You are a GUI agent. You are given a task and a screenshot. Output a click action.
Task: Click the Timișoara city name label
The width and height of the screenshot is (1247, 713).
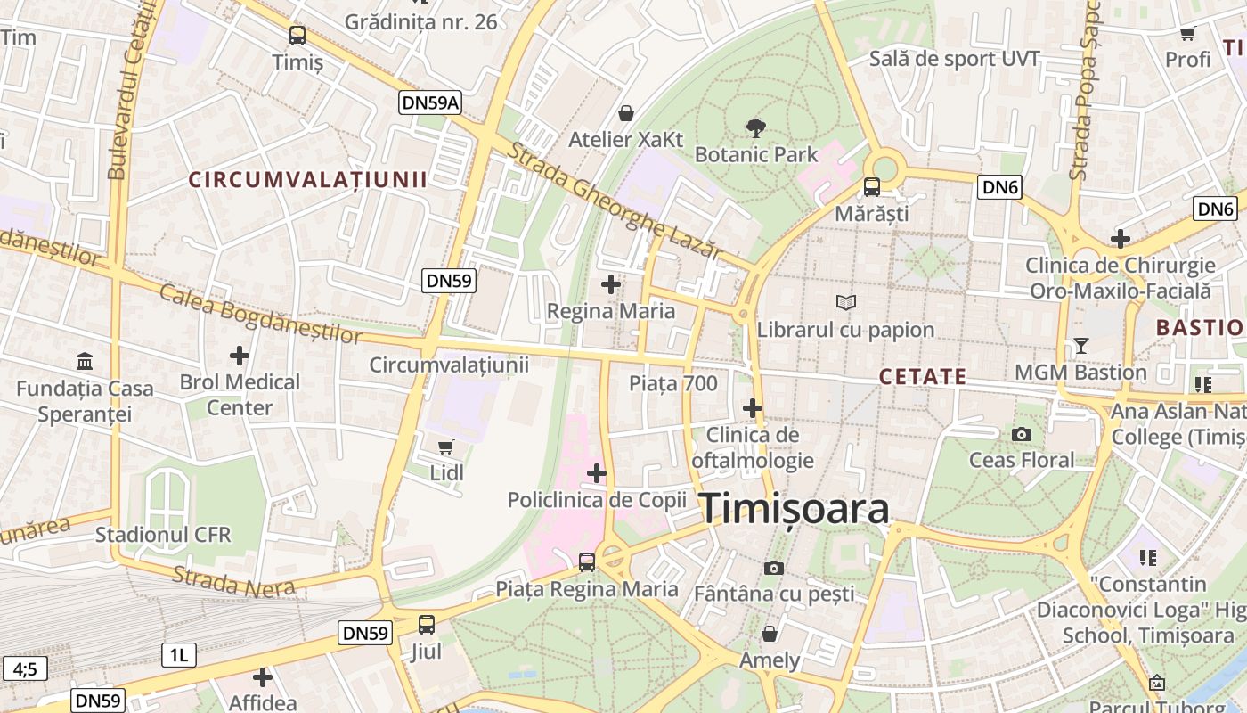coord(794,509)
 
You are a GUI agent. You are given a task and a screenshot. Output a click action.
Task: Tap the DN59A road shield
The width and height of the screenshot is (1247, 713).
coord(431,102)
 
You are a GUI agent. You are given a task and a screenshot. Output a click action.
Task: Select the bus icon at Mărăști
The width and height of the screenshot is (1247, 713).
coord(871,187)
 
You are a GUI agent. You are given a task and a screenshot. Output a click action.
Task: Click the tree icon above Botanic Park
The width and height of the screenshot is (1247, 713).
coord(756,127)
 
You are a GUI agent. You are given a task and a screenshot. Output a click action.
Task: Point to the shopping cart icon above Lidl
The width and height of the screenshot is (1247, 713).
coord(446,447)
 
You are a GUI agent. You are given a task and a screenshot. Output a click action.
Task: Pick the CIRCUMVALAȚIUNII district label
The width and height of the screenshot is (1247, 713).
coord(307,179)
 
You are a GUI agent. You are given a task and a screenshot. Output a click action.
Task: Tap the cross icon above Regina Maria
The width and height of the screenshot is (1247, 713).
coord(611,284)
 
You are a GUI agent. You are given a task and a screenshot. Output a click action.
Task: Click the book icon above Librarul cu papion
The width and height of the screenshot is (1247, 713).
coord(845,303)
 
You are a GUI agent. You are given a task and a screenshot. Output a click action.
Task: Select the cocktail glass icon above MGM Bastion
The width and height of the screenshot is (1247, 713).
coord(1081,345)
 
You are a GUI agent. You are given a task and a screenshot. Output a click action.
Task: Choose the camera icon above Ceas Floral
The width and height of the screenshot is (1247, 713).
coord(1022,434)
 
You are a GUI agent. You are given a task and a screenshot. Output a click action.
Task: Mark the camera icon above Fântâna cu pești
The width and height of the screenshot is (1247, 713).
coord(774,567)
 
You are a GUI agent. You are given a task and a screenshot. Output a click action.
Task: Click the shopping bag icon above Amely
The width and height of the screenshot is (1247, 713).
coord(770,634)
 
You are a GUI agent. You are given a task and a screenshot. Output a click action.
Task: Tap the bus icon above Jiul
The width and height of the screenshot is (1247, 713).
coord(427,625)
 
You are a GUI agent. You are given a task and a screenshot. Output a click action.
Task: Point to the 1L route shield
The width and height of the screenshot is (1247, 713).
coord(179,656)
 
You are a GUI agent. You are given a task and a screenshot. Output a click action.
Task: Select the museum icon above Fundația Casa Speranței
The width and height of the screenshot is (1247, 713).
coord(85,362)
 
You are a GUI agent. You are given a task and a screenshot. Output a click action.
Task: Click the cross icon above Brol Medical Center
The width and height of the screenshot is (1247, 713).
coord(240,356)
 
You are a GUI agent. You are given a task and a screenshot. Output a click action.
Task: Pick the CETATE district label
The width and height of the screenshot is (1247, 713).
coord(922,376)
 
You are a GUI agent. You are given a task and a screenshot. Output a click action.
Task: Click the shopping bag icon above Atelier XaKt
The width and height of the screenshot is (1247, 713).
coord(626,113)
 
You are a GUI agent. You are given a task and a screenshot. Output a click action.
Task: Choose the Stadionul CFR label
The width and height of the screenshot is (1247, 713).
coord(163,535)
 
